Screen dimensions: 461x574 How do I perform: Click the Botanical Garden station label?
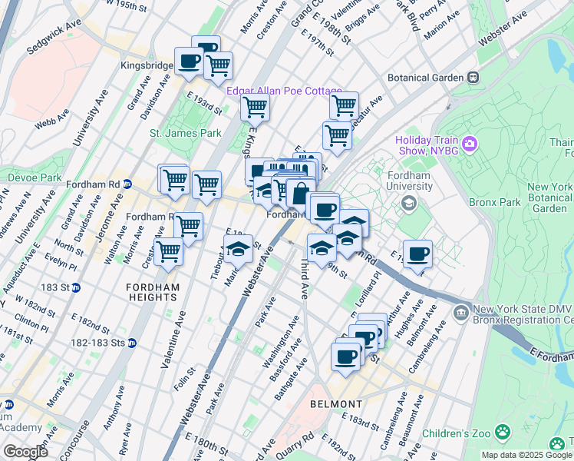click(425, 78)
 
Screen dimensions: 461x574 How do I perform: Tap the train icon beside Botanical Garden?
click(473, 78)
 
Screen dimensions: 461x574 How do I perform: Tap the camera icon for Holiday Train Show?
click(470, 143)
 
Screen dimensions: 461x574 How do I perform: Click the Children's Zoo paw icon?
click(503, 433)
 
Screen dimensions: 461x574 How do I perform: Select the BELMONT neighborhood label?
click(335, 404)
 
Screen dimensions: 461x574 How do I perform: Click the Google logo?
click(25, 451)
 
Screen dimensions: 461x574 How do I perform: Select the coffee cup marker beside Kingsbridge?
click(189, 61)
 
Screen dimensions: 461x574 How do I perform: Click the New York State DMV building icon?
click(461, 312)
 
